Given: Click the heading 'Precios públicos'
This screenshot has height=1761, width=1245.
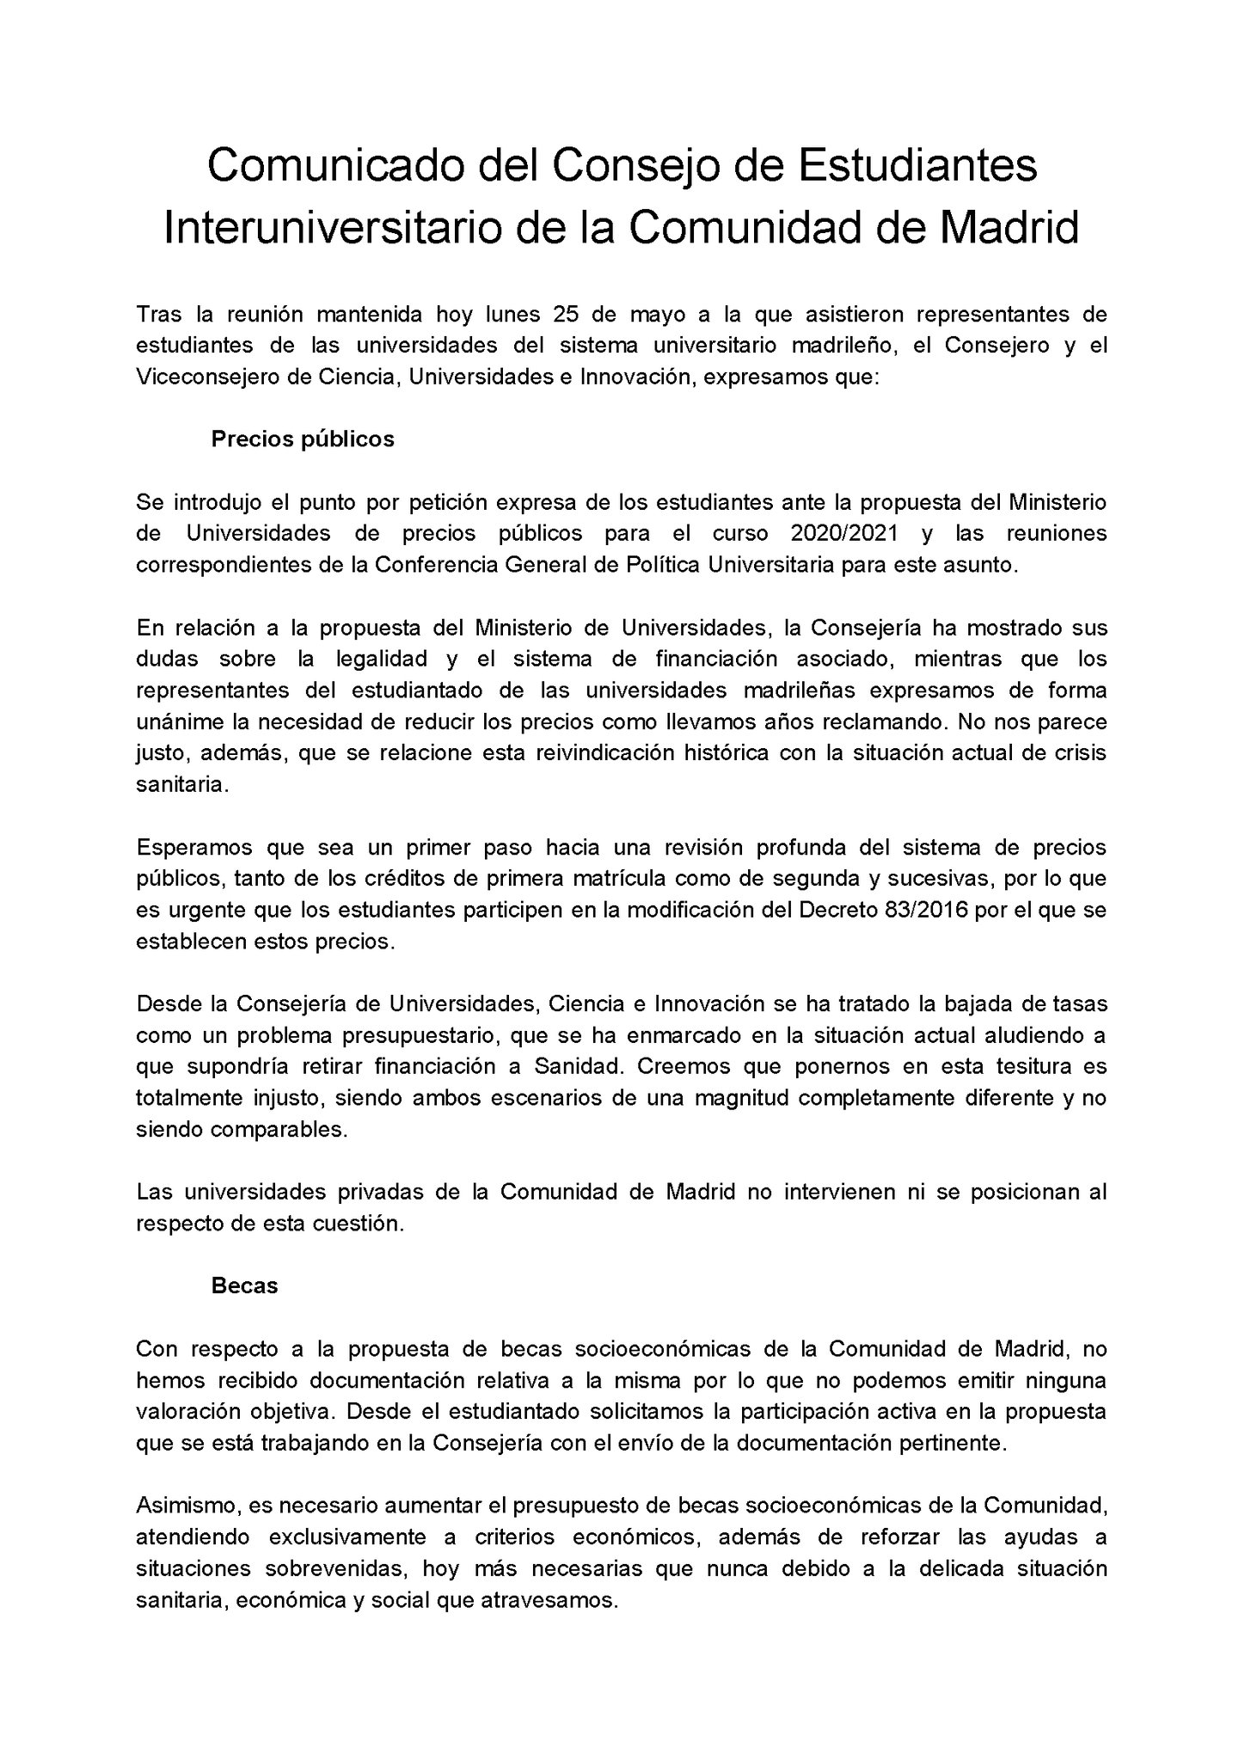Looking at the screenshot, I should pos(303,439).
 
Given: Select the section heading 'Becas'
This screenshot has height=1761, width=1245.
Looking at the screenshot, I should pos(245,1285).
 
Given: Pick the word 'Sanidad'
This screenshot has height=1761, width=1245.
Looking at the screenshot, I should pos(576,1067).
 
